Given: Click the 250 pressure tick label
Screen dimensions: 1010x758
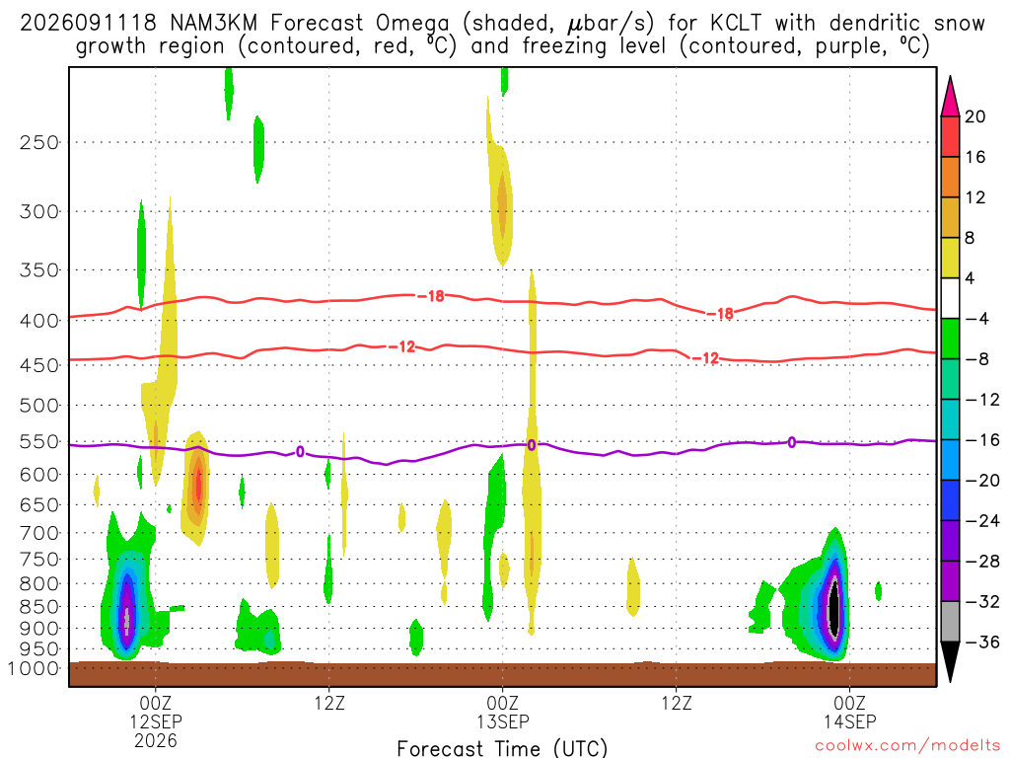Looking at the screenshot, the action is click(39, 142).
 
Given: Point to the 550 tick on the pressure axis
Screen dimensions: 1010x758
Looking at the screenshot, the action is click(39, 442).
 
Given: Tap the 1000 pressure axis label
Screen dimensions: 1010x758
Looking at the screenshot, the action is click(34, 668).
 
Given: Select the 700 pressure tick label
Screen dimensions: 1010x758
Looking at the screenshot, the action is click(39, 533).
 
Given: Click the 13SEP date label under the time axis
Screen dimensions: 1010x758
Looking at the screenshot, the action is click(502, 721).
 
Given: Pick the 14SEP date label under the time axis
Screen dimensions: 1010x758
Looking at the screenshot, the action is click(849, 721).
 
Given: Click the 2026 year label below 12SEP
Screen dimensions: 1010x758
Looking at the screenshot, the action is click(155, 740).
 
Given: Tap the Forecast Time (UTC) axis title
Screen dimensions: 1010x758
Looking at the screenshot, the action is click(502, 748).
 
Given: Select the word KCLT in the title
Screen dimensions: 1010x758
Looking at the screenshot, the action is click(735, 24).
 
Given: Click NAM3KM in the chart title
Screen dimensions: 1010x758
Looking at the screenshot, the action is click(213, 24).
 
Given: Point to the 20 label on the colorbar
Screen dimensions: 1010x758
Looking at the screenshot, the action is click(974, 116).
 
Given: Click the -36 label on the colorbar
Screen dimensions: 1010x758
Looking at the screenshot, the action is click(981, 642).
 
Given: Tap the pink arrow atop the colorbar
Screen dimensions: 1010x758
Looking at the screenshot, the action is click(950, 97).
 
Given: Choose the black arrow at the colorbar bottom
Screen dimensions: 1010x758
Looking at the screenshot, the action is click(950, 661).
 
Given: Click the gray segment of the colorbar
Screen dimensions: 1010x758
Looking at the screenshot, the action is click(950, 622).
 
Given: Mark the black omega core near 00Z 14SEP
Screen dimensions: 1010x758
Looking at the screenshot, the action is click(834, 608).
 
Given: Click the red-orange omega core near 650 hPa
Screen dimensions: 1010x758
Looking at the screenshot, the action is click(198, 487).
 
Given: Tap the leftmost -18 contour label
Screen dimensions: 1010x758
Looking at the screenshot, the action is click(431, 296).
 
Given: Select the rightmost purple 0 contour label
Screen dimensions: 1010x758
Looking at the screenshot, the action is click(792, 442).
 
